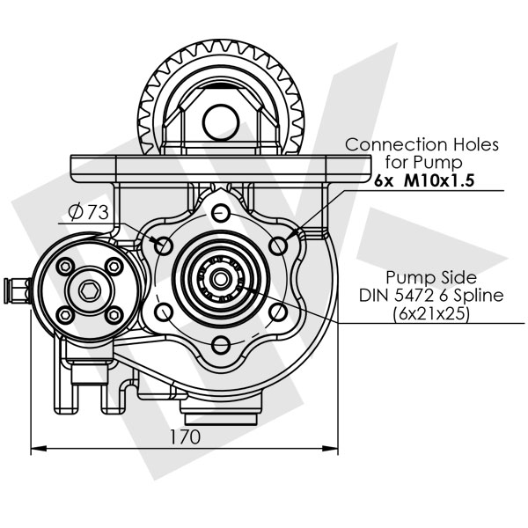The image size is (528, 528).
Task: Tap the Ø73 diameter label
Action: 88,212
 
